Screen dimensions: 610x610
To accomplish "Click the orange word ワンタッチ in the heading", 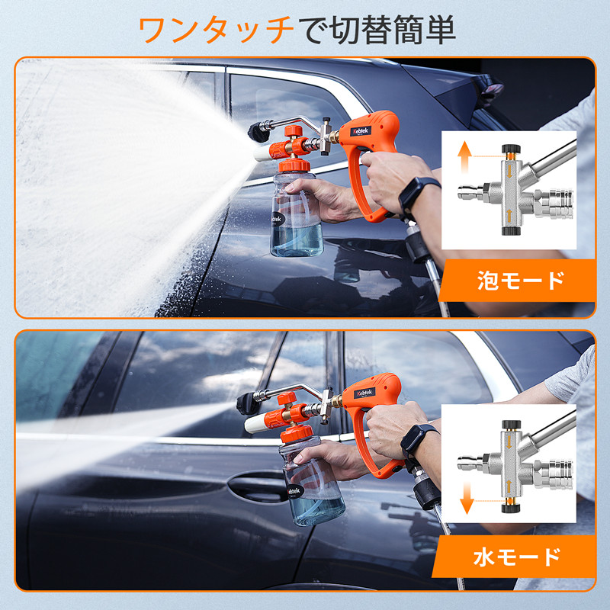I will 216,30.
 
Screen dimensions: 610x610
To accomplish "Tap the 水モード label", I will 521,557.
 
